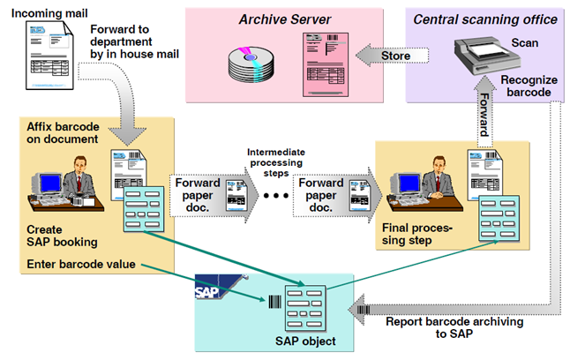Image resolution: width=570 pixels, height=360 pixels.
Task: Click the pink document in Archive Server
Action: (322, 57)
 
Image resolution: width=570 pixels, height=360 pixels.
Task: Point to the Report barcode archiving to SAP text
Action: (454, 327)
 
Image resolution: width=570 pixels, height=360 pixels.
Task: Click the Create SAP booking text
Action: (64, 234)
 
